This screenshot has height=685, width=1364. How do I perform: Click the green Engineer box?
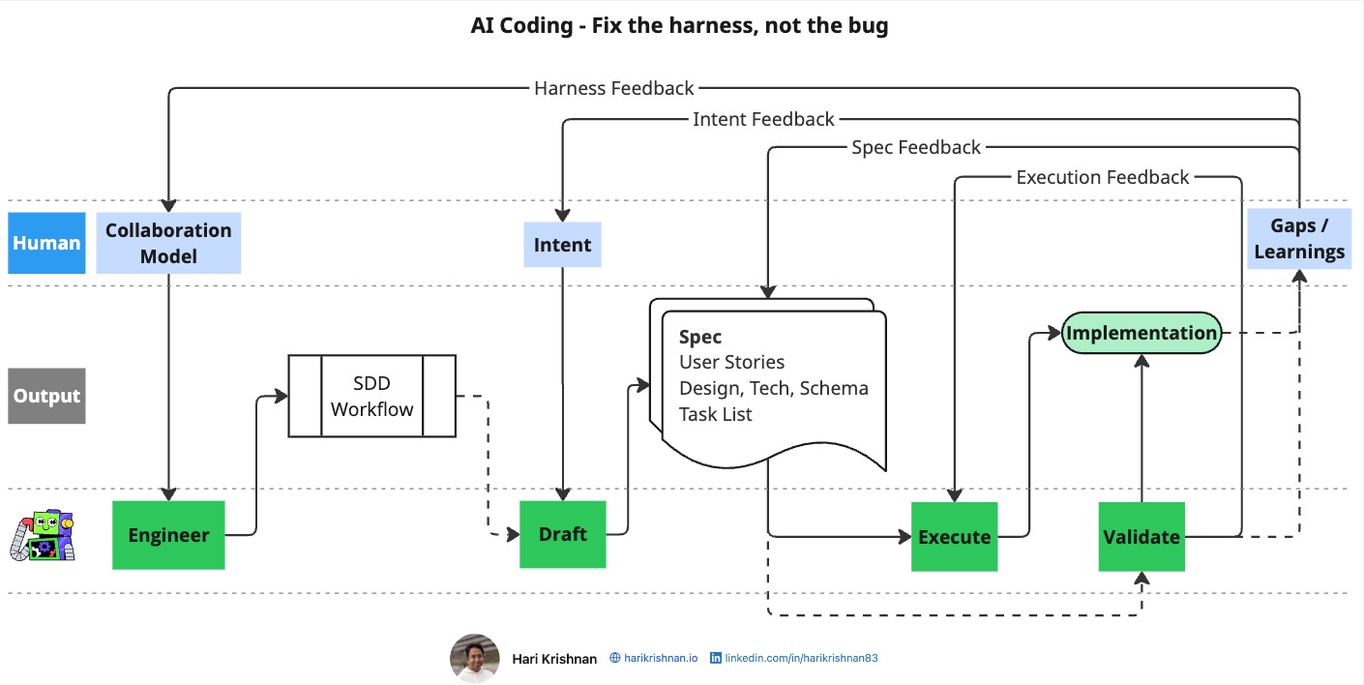pyautogui.click(x=168, y=535)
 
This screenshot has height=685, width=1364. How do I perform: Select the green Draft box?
pyautogui.click(x=563, y=534)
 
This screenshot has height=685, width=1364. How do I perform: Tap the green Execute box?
pyautogui.click(x=954, y=537)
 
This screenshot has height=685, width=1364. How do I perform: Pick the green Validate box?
pyautogui.click(x=1142, y=537)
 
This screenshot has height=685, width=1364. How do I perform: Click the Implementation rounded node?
pyautogui.click(x=1142, y=334)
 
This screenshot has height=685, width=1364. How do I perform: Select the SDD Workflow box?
pyautogui.click(x=371, y=396)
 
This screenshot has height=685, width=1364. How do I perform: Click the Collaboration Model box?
pyautogui.click(x=168, y=243)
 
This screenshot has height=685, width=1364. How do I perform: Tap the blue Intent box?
pyautogui.click(x=563, y=245)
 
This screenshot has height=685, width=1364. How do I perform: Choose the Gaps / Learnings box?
pyautogui.click(x=1299, y=238)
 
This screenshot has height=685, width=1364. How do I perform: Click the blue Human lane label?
pyautogui.click(x=46, y=243)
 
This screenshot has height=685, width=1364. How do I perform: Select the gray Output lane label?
pyautogui.click(x=46, y=396)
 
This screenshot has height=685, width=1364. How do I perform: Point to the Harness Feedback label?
pyautogui.click(x=613, y=88)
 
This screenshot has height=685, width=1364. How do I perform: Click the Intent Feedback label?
pyautogui.click(x=763, y=119)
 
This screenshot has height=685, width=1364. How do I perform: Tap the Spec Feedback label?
pyautogui.click(x=915, y=147)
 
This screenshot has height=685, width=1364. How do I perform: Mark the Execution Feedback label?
pyautogui.click(x=1102, y=177)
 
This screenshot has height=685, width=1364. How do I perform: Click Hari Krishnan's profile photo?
pyautogui.click(x=474, y=658)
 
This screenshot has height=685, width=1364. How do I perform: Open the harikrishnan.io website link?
pyautogui.click(x=660, y=658)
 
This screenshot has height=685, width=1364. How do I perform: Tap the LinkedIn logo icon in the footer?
pyautogui.click(x=716, y=658)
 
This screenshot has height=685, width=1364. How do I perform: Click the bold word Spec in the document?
pyautogui.click(x=700, y=337)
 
